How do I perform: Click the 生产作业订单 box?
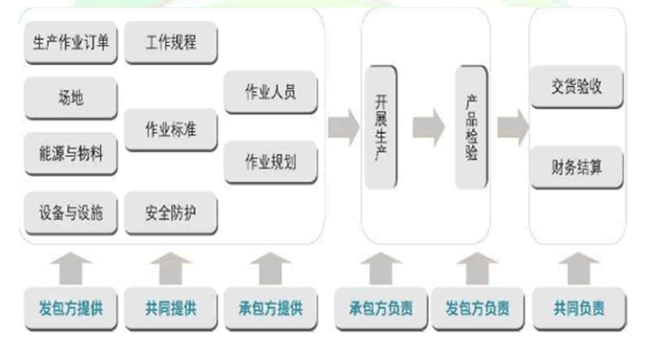click(71, 43)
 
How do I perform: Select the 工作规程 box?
click(170, 43)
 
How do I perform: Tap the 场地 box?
click(71, 98)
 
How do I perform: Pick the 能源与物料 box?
click(71, 154)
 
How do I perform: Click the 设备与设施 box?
click(71, 212)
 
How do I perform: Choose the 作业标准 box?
click(170, 129)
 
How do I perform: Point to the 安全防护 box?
click(170, 212)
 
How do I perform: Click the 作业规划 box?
click(270, 162)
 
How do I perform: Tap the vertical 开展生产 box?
click(381, 127)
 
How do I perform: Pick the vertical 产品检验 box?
click(471, 127)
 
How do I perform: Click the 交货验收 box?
click(577, 87)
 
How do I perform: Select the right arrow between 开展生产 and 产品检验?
click(428, 127)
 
